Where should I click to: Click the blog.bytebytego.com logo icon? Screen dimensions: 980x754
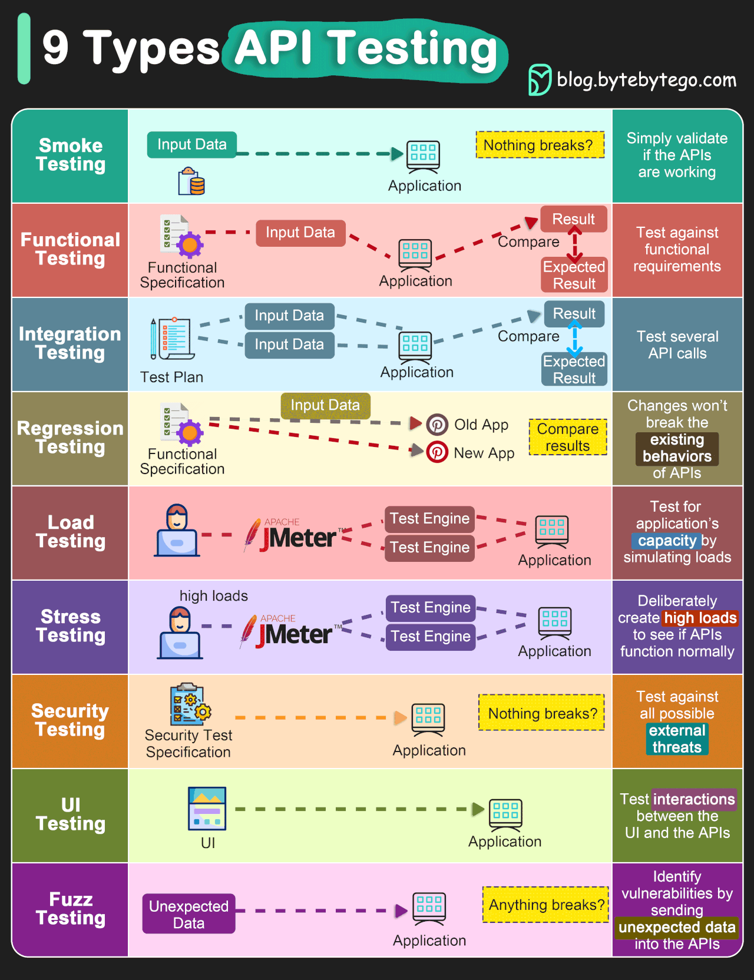tap(540, 80)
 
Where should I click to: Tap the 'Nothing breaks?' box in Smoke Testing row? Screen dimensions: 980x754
tap(540, 145)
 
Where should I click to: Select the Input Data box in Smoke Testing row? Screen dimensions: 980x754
tap(192, 144)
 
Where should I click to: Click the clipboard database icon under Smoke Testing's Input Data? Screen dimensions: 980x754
tap(191, 181)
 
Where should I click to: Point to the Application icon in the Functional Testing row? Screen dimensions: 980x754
tap(415, 253)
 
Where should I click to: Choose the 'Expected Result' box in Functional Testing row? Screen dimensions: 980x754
tap(574, 275)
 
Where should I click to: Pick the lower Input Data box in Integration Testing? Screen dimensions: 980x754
tap(289, 345)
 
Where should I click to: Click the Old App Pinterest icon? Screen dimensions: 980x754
tap(437, 424)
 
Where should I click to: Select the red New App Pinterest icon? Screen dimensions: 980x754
tap(437, 452)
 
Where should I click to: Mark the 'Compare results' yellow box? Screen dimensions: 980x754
tap(567, 437)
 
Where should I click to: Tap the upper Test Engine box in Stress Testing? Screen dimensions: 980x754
tap(431, 607)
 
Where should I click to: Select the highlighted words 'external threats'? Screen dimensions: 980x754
tap(677, 739)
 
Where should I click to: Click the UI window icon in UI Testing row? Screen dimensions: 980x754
tap(207, 808)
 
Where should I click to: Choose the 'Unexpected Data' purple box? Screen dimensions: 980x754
tap(188, 914)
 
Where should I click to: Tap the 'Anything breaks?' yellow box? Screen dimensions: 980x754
tap(546, 905)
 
